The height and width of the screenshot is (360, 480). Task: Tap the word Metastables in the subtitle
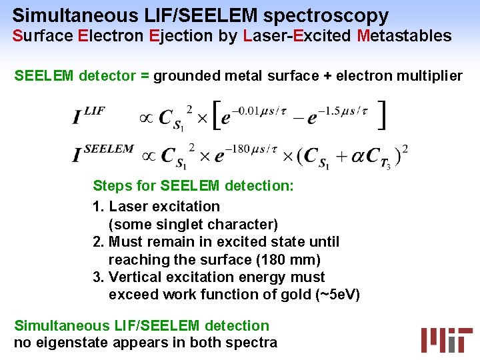(404, 36)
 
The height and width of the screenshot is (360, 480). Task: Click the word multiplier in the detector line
(431, 76)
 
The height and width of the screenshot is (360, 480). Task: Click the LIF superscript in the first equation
(95, 111)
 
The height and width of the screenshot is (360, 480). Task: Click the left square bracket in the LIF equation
(216, 115)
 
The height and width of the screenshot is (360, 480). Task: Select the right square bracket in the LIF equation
(381, 115)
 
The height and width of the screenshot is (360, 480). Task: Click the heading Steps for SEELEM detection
(193, 185)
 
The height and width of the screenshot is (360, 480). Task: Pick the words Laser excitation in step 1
(164, 207)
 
